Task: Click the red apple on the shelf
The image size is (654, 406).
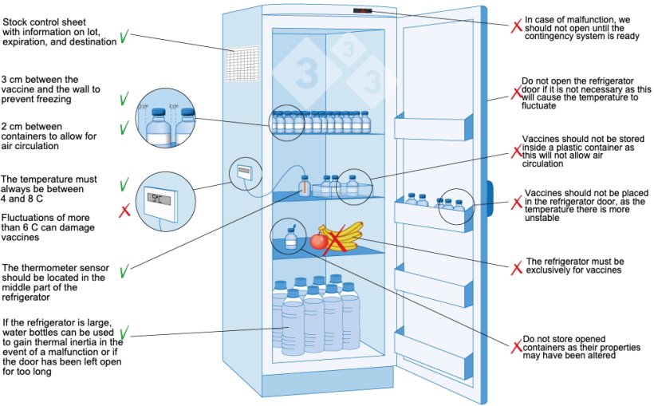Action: [x=319, y=241]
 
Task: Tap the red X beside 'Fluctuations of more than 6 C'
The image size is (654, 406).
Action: [x=124, y=211]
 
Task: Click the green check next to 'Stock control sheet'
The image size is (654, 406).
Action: [x=124, y=37]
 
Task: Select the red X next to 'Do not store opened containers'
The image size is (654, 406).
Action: [x=516, y=346]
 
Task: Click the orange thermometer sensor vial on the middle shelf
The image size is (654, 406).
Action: [x=303, y=184]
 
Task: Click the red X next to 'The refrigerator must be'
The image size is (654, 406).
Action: [x=516, y=265]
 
